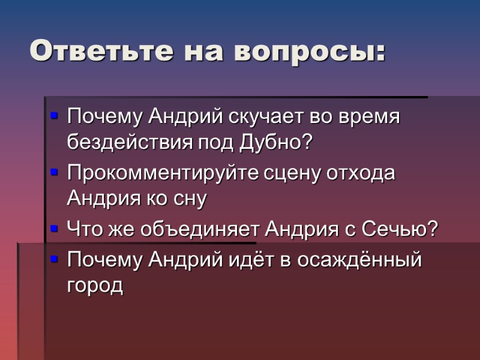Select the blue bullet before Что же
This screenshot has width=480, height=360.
point(55,228)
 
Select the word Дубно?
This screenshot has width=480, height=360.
point(277,142)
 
